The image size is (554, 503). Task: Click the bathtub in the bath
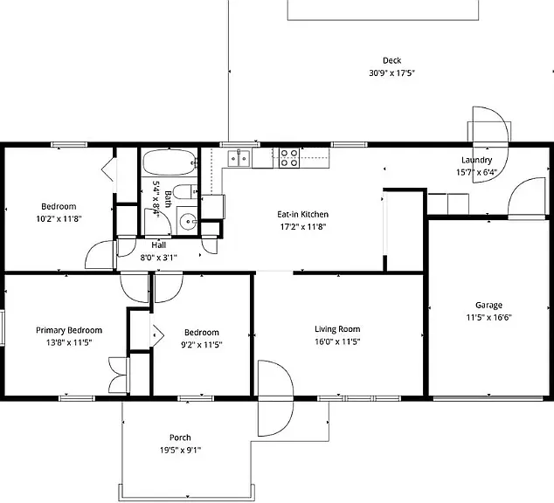[x=170, y=162]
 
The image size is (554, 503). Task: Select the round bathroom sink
[x=187, y=221]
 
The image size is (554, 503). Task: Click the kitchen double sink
[x=239, y=158]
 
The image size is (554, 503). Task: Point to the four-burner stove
[x=289, y=158]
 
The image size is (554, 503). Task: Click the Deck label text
[x=391, y=61]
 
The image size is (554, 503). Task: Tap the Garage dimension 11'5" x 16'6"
[x=488, y=317]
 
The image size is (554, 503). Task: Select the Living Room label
[x=337, y=329]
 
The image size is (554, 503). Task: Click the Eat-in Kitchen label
[x=303, y=214]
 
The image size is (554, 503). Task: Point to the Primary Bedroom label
[x=69, y=330]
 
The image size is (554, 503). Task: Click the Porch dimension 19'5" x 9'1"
[x=180, y=450]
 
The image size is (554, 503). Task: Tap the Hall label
[x=159, y=245]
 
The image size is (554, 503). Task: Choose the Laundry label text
[x=476, y=160]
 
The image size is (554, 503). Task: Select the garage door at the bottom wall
[x=488, y=398]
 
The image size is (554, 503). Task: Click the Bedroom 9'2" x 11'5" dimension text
[x=201, y=345]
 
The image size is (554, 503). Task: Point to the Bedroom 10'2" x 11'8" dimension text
[x=59, y=219]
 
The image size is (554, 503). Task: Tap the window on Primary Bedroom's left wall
[x=2, y=327]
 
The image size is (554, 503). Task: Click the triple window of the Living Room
[x=359, y=398]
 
